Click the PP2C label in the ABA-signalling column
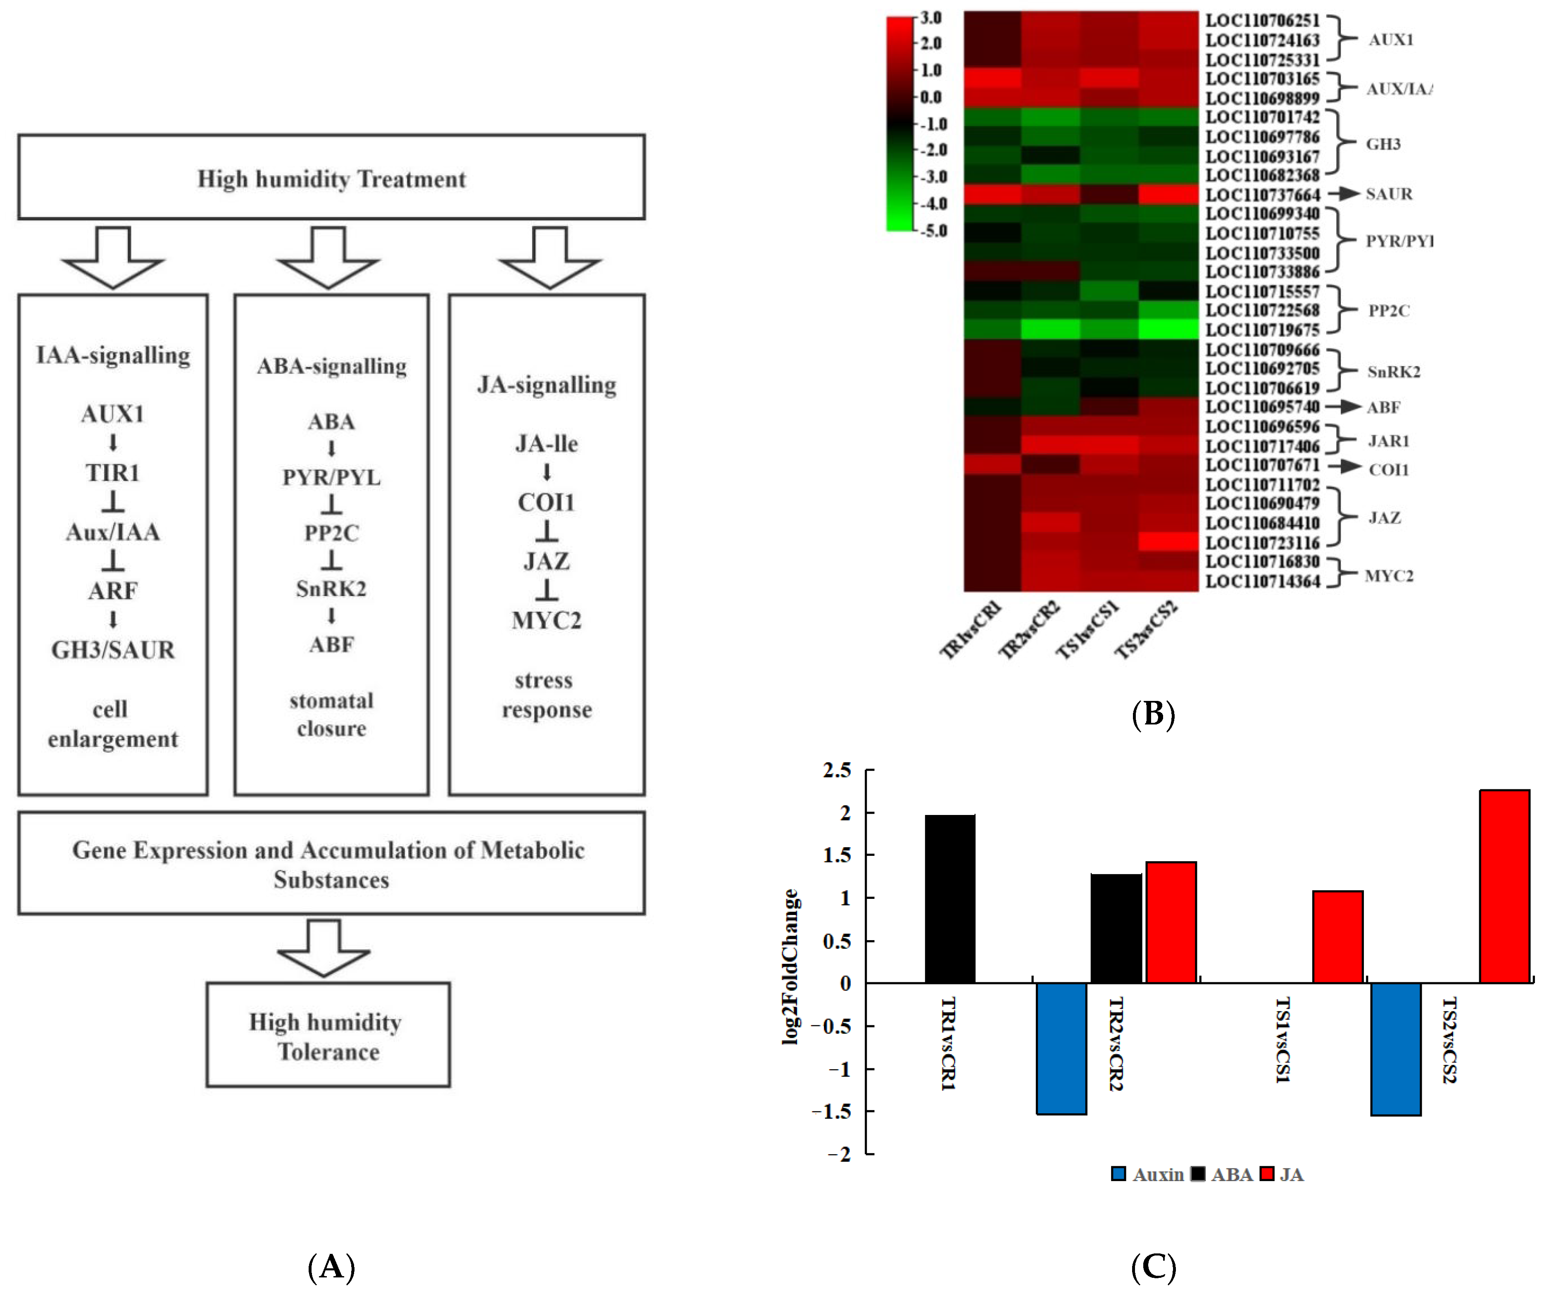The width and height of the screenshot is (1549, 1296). point(331,533)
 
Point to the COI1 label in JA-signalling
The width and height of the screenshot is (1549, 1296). point(546,502)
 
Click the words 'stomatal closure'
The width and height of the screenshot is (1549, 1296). point(331,714)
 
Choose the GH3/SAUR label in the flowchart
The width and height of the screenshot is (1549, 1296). point(113,650)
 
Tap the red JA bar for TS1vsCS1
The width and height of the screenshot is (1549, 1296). point(1337,937)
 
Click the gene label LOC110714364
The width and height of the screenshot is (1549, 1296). point(1262,581)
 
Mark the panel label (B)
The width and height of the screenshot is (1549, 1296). point(1153,714)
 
